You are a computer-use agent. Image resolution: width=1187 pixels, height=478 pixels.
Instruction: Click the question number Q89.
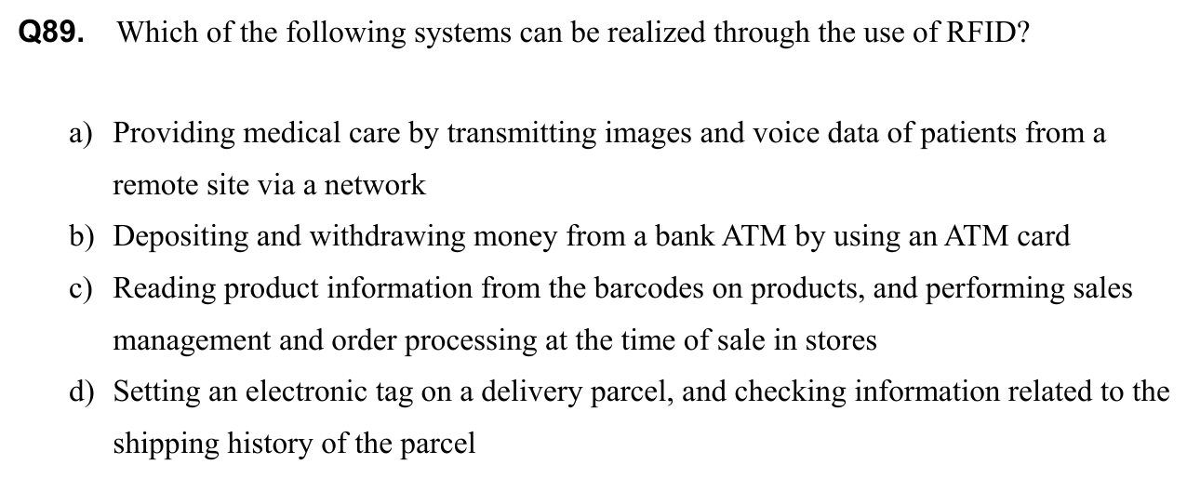tap(51, 33)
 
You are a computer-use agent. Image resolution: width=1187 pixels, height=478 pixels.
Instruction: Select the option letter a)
tap(81, 133)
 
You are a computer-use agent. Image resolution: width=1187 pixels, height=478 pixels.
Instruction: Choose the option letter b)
tap(81, 236)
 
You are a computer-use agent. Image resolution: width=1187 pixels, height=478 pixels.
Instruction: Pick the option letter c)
tap(81, 289)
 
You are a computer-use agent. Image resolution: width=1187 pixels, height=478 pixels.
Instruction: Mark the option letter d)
tap(81, 392)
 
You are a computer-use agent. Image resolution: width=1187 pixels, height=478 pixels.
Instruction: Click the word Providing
tap(174, 134)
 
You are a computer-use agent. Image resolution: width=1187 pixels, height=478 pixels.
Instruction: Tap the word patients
tap(968, 134)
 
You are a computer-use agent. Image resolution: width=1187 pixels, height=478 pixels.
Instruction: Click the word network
tap(375, 184)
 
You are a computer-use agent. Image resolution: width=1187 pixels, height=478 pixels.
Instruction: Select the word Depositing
tap(180, 237)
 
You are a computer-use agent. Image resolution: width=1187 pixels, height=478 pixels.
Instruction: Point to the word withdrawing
tap(387, 237)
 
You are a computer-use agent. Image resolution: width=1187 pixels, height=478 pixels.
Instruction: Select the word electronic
tap(306, 392)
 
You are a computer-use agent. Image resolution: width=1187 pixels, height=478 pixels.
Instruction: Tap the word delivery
tap(531, 393)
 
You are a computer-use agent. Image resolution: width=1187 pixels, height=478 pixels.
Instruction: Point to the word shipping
tap(167, 445)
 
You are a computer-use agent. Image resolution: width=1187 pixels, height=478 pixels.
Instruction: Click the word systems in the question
tap(462, 33)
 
